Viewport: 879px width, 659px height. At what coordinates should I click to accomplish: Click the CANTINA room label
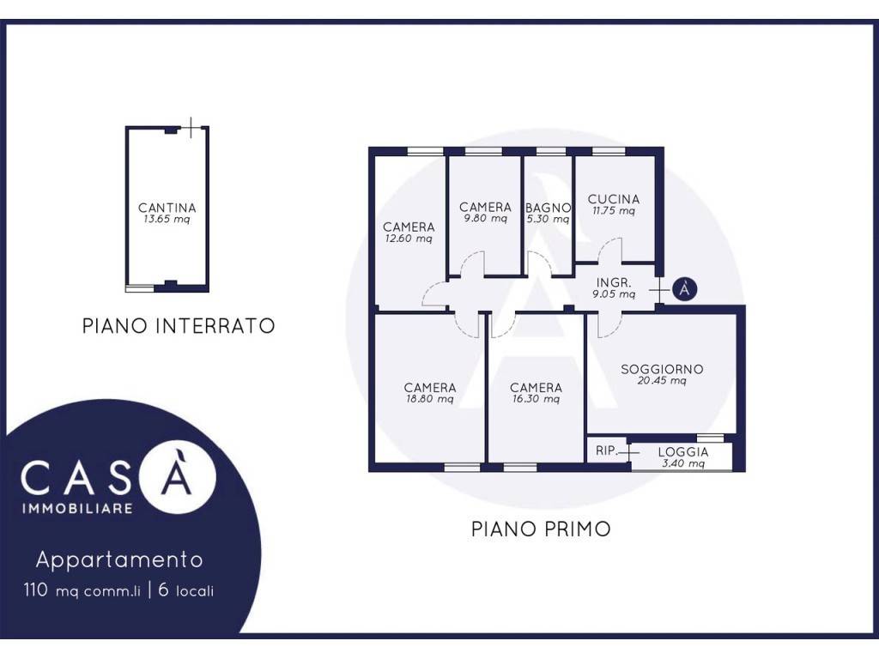167,208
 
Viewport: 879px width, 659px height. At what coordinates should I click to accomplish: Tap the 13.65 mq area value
167,220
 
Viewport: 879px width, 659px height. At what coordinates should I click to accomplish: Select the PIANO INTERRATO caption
179,326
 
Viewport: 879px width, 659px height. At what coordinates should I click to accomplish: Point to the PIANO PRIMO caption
541,529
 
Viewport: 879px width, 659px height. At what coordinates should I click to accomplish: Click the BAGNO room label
549,208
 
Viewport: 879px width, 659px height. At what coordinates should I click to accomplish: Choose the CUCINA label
614,199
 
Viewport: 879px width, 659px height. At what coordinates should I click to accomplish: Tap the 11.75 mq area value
613,211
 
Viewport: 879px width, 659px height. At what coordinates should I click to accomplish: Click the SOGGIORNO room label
662,370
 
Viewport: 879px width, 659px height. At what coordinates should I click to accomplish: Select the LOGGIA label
683,452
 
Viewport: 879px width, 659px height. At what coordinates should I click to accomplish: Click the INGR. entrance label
614,282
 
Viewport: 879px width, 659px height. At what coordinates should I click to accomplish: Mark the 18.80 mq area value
430,399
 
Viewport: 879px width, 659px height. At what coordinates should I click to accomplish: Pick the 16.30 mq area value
536,399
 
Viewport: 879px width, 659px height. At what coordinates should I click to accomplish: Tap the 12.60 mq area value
409,239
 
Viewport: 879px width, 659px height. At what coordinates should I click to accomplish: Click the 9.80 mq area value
485,220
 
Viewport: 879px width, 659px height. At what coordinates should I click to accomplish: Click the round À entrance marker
683,289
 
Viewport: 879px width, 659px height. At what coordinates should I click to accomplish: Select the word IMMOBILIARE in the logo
76,509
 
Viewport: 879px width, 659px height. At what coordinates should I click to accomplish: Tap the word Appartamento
119,560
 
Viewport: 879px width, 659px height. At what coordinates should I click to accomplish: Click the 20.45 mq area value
662,382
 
